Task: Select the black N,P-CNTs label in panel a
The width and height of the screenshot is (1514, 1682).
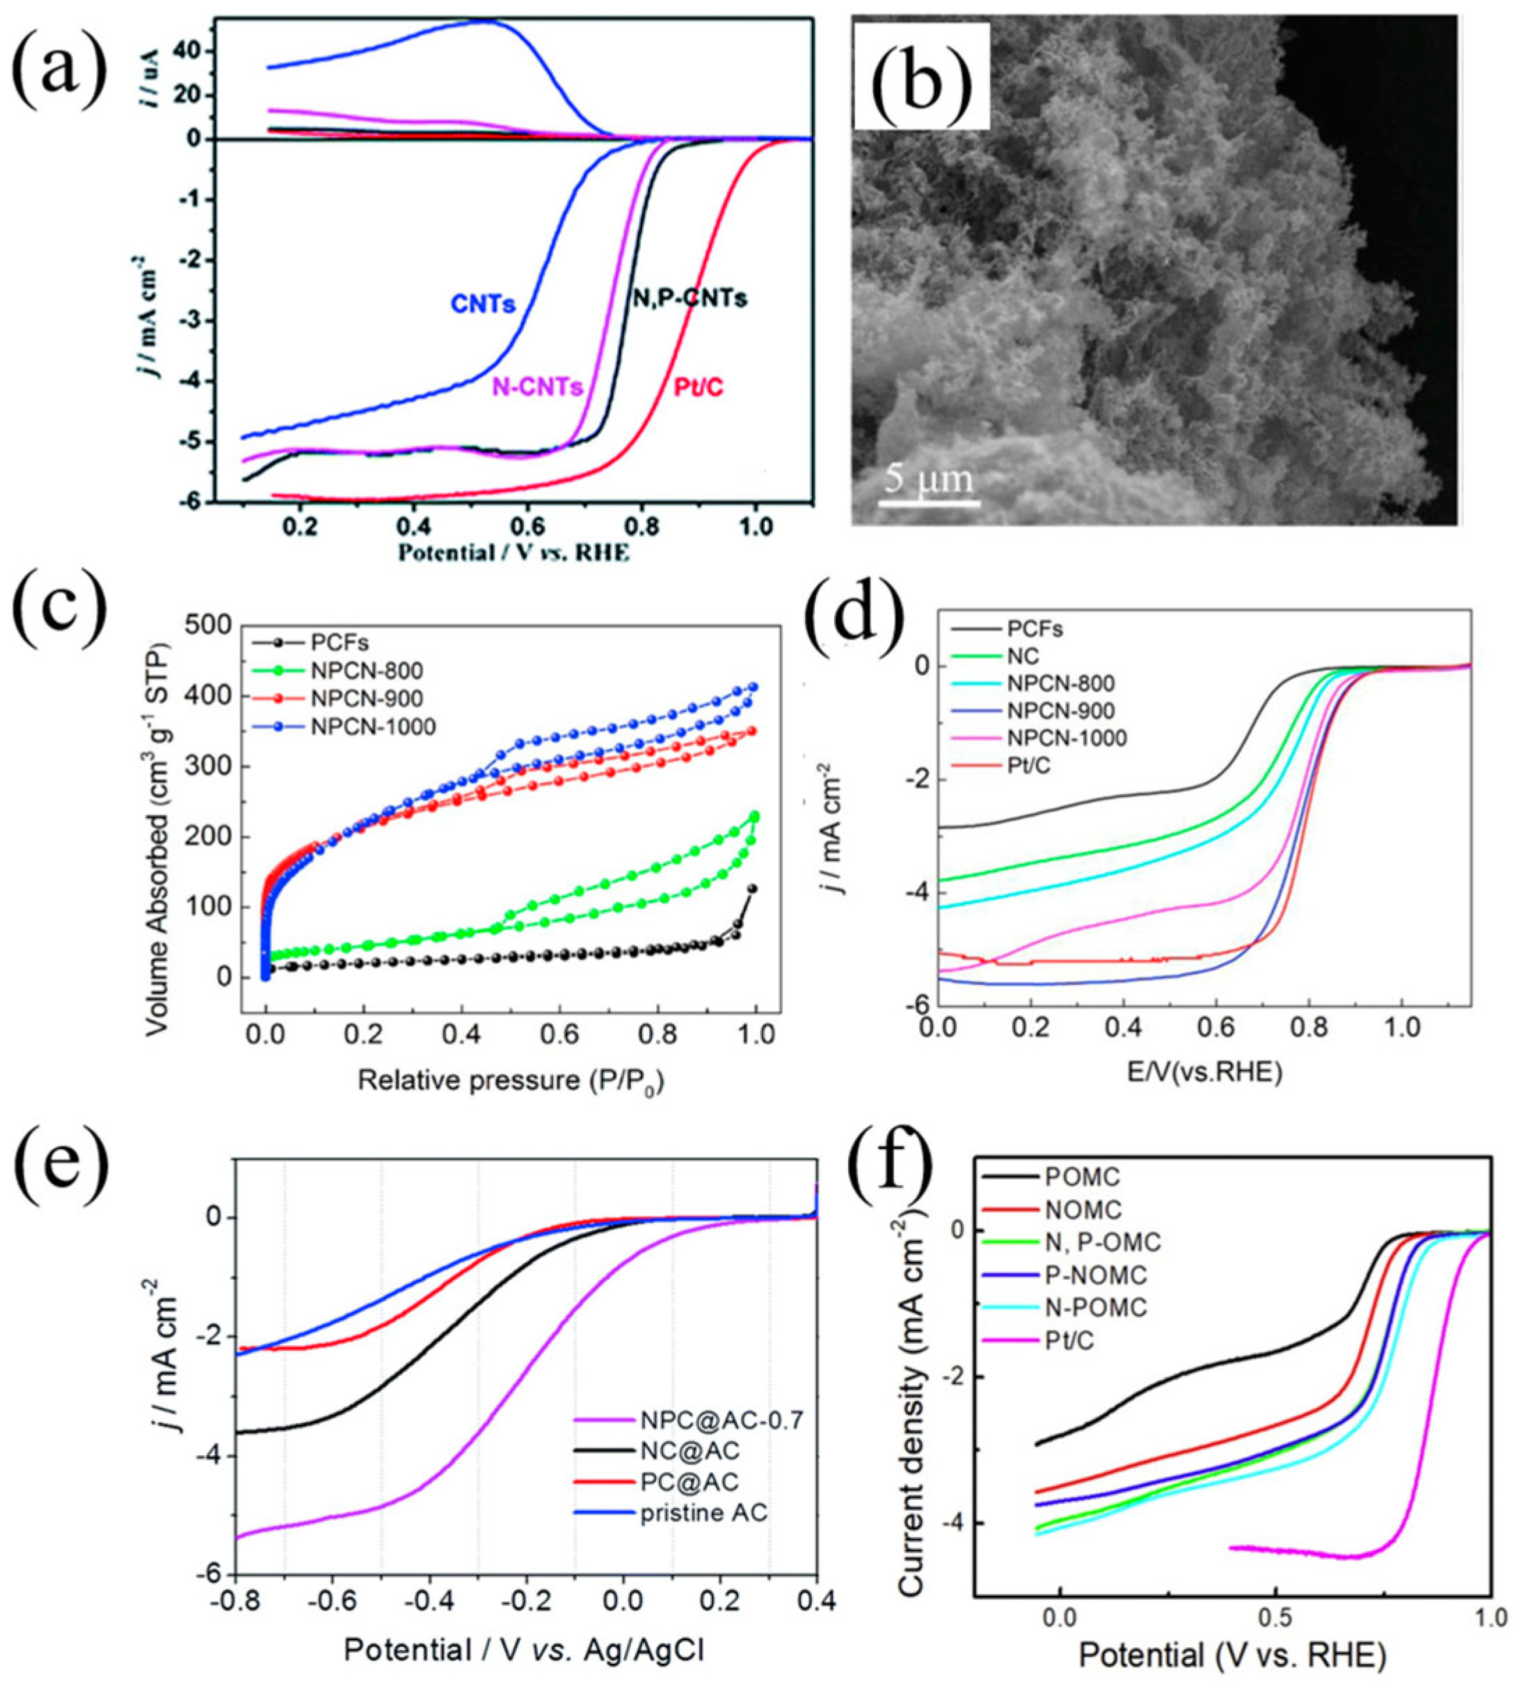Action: click(689, 298)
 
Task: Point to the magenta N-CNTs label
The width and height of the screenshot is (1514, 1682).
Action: click(536, 387)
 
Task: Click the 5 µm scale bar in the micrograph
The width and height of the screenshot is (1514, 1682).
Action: click(929, 501)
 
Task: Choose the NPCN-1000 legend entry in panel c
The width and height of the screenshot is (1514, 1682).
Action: click(374, 726)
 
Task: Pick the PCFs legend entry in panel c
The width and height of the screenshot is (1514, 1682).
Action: click(341, 642)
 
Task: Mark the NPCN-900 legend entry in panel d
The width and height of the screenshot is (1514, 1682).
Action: click(1060, 710)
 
